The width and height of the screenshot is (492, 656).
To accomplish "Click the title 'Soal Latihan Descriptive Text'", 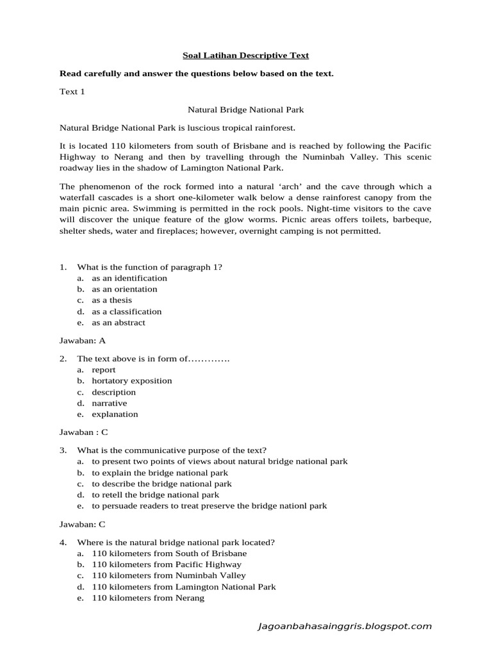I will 245,56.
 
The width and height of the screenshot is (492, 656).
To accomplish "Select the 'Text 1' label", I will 72,92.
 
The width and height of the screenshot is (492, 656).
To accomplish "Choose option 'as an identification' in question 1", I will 129,278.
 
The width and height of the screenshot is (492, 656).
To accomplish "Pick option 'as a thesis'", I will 111,300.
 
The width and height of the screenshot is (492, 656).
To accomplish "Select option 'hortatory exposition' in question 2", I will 131,381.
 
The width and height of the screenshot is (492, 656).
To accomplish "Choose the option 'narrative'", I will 109,403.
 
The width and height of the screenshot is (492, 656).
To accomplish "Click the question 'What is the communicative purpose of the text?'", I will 172,450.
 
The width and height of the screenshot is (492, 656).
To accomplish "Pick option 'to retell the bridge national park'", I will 155,495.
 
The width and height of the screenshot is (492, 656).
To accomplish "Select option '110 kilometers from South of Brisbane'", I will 169,553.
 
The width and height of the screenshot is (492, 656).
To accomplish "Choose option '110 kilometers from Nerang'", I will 148,598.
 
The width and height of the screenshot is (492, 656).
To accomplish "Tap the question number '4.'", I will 63,542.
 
